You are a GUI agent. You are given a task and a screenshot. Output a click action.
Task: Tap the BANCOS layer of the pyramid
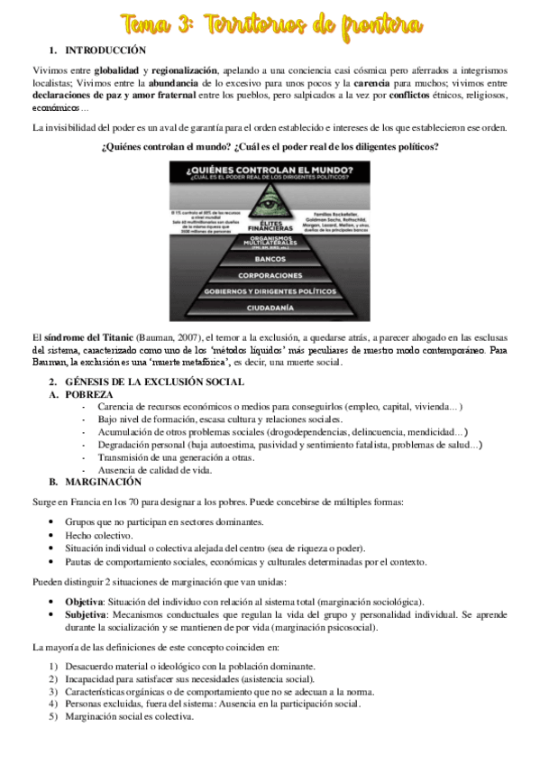270,259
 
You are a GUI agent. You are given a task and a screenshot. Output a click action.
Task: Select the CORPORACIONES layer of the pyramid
270,274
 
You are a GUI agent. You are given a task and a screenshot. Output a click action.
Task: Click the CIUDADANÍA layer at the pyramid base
270,309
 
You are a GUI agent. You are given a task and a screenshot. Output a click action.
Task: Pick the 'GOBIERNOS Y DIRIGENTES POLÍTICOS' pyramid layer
270,291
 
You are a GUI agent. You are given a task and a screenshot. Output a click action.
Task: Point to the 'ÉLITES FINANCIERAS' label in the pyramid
270,224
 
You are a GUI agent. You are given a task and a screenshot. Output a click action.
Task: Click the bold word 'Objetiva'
84,601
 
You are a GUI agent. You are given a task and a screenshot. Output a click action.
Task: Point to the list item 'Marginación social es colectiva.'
129,717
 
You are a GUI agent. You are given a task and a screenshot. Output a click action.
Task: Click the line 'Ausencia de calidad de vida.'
156,470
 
